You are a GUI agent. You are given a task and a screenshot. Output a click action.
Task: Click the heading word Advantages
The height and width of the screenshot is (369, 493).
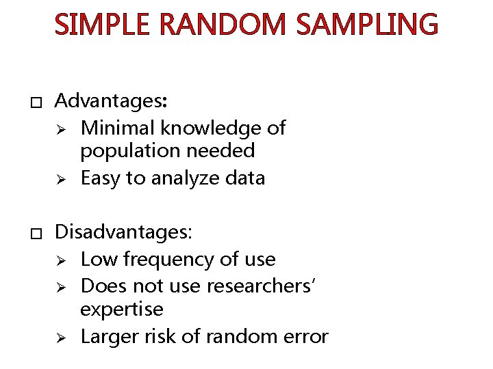pos(112,101)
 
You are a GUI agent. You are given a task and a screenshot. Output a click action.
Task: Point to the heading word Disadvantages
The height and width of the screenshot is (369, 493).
pos(124,232)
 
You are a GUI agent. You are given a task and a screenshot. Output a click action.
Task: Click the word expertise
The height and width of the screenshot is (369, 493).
pos(122,310)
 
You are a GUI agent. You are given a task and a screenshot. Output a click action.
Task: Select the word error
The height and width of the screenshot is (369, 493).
pos(307,337)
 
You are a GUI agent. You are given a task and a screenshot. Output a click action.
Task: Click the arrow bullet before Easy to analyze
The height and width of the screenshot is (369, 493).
pos(60,178)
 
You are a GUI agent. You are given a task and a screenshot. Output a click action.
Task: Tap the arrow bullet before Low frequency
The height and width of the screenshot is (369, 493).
pos(60,260)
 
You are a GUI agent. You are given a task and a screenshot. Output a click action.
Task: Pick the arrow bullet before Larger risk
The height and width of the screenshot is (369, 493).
pos(60,337)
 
